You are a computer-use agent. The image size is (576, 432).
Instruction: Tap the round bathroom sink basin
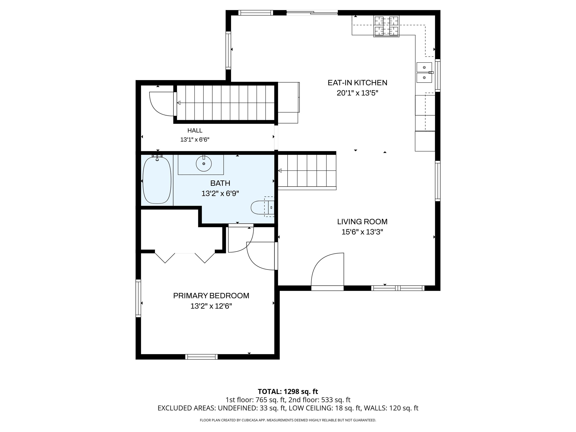click(x=204, y=163)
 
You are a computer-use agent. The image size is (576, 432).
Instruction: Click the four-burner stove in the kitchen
click(x=386, y=26)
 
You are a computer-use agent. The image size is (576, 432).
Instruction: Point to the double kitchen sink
click(x=424, y=72)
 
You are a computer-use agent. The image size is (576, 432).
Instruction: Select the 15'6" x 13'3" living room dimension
click(x=362, y=232)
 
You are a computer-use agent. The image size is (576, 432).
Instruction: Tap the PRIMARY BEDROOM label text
click(x=211, y=295)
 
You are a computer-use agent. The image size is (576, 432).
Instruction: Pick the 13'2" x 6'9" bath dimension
click(x=220, y=193)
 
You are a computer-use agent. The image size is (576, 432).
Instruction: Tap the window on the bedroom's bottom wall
click(x=202, y=357)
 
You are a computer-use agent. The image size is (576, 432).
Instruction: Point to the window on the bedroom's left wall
click(x=138, y=298)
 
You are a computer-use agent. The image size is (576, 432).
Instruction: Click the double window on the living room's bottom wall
click(x=398, y=288)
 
